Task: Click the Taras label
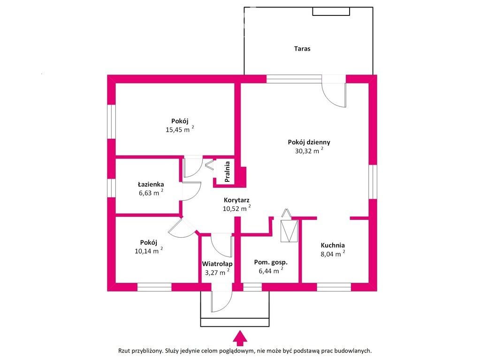click(302, 49)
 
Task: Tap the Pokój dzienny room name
click(309, 142)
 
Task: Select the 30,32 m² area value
click(309, 150)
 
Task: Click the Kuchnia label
click(333, 245)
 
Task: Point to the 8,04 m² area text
click(333, 254)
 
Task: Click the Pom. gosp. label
click(271, 262)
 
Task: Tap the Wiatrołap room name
click(217, 263)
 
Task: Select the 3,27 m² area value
click(217, 272)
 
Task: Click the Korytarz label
click(236, 200)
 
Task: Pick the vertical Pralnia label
click(227, 172)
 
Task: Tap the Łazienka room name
click(151, 184)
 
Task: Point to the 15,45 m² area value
click(180, 129)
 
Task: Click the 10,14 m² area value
click(148, 251)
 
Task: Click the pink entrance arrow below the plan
click(240, 338)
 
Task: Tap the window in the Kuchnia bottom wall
click(334, 287)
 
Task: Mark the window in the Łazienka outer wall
click(111, 188)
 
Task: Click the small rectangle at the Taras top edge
click(331, 11)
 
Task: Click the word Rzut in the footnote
click(124, 351)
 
